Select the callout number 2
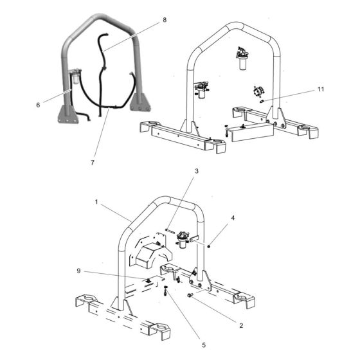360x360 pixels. point(241,325)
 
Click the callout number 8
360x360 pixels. point(165,20)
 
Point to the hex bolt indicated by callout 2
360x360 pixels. point(191,295)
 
